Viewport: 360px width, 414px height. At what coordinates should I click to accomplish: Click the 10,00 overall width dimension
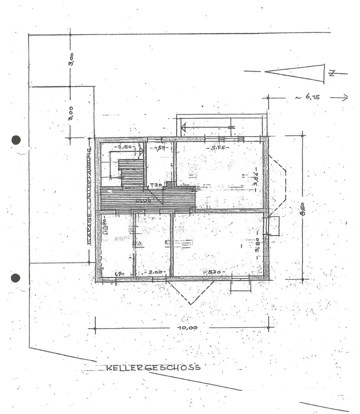pyautogui.click(x=188, y=327)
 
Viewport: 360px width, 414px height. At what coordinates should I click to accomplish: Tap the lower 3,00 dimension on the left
pyautogui.click(x=71, y=112)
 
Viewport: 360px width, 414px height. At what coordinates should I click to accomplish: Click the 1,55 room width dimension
pyautogui.click(x=157, y=147)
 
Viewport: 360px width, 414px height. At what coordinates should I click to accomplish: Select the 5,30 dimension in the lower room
pyautogui.click(x=215, y=272)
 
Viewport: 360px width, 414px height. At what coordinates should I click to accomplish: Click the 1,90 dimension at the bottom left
pyautogui.click(x=119, y=274)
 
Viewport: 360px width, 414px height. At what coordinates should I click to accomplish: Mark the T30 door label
pyautogui.click(x=156, y=185)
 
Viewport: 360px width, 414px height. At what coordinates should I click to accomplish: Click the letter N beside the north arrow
pyautogui.click(x=331, y=74)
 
